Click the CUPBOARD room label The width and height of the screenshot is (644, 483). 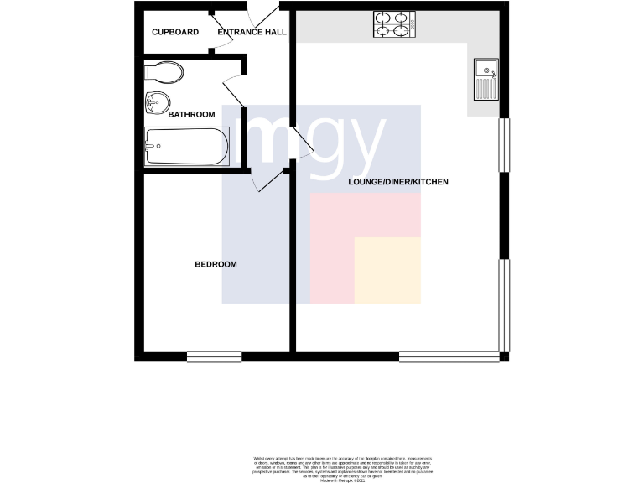[175, 32]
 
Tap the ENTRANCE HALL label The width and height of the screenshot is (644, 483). [252, 32]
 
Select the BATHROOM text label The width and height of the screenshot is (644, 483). [191, 114]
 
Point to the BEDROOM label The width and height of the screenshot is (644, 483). [216, 264]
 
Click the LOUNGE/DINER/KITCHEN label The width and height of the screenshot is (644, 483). [397, 182]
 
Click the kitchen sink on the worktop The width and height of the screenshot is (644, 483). [486, 80]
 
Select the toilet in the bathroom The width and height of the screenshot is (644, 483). [163, 72]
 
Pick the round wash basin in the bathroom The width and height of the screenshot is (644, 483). [156, 102]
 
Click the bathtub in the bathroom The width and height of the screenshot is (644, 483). [186, 147]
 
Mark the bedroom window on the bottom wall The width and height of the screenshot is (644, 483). [214, 356]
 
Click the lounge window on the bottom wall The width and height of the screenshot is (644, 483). [449, 356]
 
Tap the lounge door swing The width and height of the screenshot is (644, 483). [302, 140]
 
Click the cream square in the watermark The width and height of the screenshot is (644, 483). [387, 270]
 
